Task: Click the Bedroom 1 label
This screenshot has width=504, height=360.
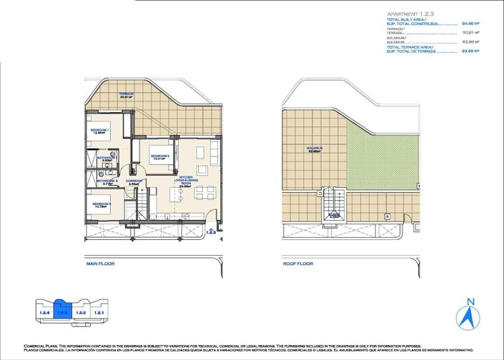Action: point(98,131)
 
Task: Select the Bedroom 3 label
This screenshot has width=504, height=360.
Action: point(101,206)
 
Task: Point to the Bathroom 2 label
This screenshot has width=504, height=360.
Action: point(107,181)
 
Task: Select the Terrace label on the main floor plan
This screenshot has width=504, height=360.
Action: point(127,96)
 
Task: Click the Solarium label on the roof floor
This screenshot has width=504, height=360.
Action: point(315,150)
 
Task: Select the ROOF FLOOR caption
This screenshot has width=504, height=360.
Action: point(297,264)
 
